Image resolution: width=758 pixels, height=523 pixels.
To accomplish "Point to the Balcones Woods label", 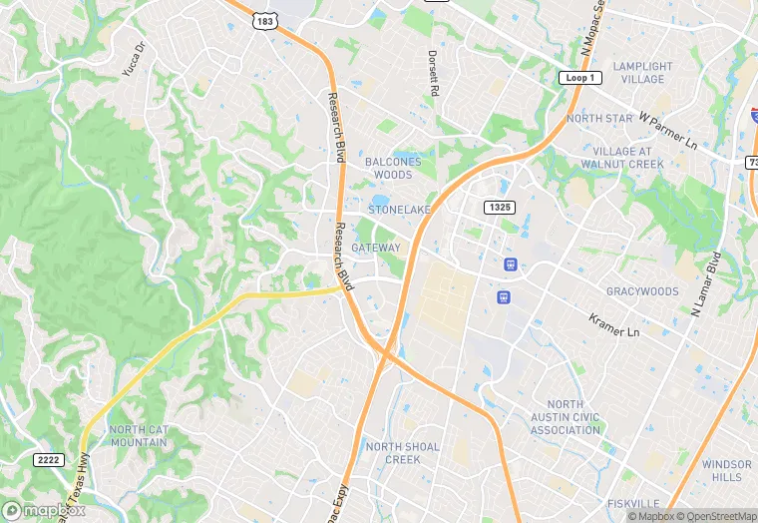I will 393,168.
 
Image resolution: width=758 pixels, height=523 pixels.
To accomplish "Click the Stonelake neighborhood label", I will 398,211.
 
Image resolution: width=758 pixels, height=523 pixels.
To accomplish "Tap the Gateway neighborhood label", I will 376,248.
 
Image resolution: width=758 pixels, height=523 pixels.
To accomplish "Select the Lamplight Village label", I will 642,73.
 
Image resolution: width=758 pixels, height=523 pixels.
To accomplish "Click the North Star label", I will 599,119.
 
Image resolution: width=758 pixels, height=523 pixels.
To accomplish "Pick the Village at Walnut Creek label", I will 621,158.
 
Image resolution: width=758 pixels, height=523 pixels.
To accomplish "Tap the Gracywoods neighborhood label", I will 642,292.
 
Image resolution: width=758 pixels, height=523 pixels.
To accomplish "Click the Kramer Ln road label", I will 612,325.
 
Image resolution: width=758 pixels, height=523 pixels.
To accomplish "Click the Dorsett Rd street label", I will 433,74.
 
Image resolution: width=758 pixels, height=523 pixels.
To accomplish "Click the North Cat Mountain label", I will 139,435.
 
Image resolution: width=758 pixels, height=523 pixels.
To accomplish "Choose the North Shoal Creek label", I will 402,453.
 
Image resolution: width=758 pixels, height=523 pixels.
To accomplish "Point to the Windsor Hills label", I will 726,471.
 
